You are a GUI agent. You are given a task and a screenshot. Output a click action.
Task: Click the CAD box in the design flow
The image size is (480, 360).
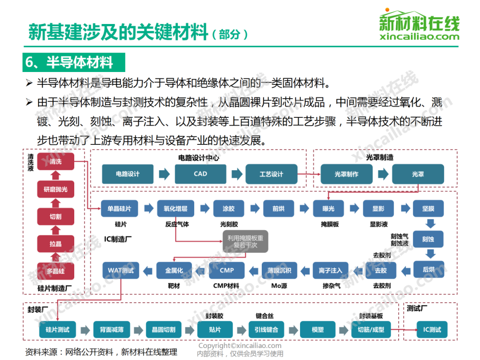click(200, 174)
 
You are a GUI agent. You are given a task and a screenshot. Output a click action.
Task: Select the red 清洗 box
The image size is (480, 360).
click(56, 162)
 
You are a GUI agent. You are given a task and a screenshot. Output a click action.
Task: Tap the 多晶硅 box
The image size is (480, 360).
click(56, 271)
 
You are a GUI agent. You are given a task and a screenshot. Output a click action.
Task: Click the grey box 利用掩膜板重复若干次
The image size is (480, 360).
click(245, 241)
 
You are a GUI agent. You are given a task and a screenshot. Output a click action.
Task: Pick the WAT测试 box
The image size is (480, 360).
click(121, 270)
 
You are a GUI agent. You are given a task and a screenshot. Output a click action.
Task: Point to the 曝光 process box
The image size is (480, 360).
click(328, 208)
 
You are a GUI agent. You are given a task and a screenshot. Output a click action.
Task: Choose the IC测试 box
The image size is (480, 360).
click(432, 330)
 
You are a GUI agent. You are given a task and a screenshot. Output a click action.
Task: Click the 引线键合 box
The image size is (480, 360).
click(266, 330)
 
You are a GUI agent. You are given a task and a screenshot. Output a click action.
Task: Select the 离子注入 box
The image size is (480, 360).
click(330, 270)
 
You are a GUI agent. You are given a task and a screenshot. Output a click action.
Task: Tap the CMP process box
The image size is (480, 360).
click(227, 270)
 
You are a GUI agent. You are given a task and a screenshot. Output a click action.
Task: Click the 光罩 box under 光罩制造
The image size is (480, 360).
click(418, 174)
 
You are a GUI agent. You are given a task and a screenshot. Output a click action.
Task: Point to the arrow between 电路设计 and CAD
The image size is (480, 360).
click(164, 174)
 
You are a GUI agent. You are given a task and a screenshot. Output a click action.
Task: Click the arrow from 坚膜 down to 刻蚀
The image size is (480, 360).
click(430, 224)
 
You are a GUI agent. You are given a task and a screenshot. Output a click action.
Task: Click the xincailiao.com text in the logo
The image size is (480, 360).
click(420, 37)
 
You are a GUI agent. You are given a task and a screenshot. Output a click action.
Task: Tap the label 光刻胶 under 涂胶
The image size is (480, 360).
click(229, 224)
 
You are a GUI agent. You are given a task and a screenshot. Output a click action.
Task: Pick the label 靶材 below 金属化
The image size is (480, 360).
click(174, 286)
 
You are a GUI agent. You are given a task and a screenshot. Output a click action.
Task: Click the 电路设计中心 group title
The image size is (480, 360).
click(199, 158)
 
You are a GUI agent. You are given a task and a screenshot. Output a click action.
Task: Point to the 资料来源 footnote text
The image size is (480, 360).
click(101, 352)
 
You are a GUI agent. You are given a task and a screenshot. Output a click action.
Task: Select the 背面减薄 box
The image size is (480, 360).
click(112, 330)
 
